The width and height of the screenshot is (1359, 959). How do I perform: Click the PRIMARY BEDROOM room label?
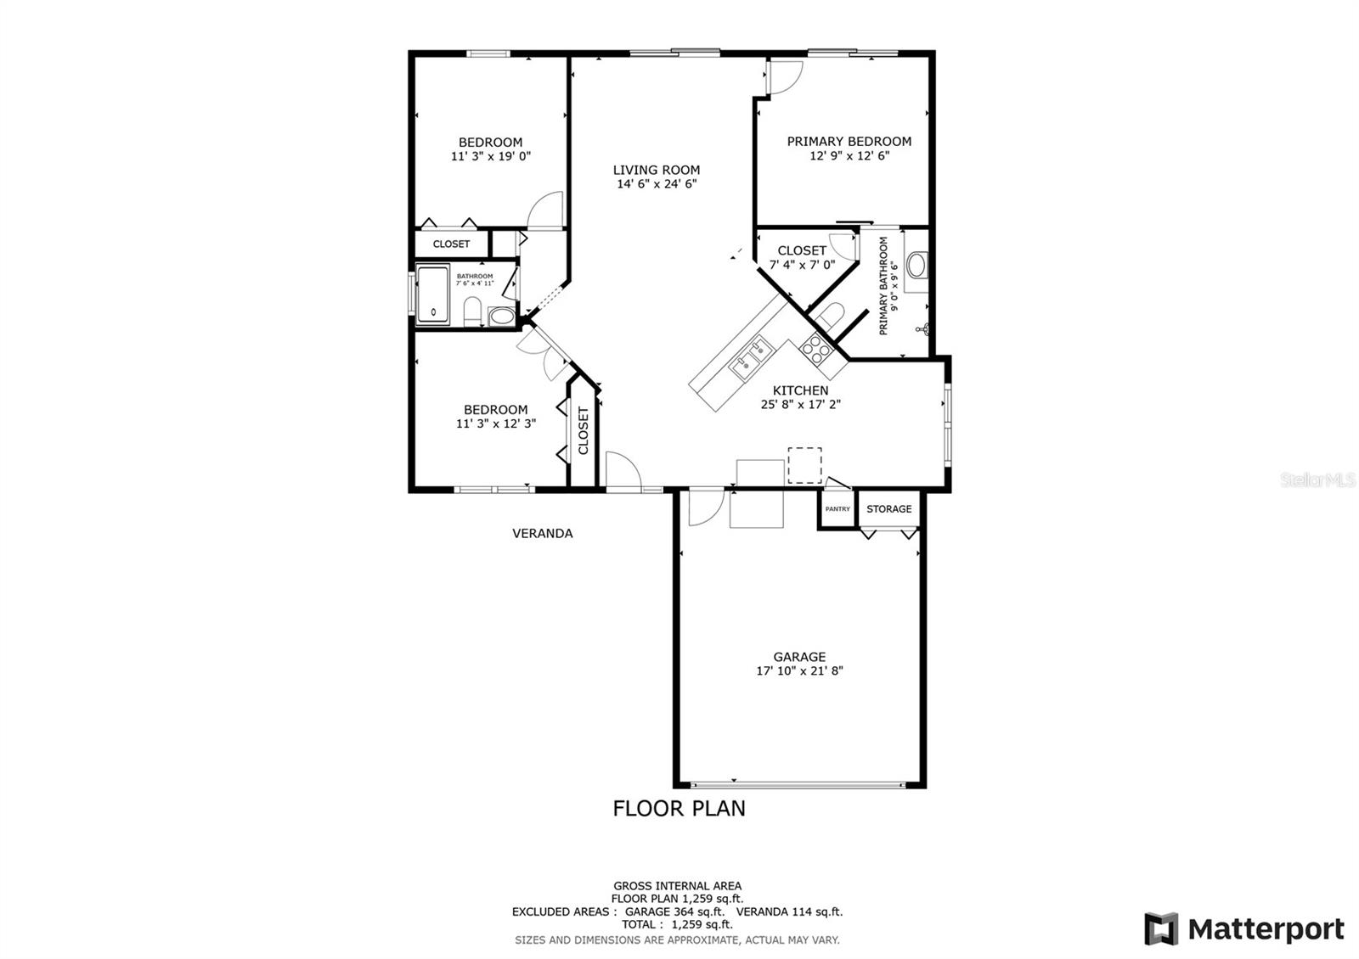pyautogui.click(x=849, y=142)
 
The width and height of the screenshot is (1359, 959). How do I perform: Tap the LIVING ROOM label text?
pyautogui.click(x=657, y=170)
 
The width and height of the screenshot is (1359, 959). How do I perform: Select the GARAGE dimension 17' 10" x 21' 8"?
pyautogui.click(x=799, y=670)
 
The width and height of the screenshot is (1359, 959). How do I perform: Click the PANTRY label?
pyautogui.click(x=837, y=509)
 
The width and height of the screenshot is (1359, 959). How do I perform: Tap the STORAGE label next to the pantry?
pyautogui.click(x=888, y=509)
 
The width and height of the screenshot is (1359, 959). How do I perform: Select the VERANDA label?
pyautogui.click(x=542, y=533)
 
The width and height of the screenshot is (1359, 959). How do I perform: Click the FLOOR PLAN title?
pyautogui.click(x=679, y=808)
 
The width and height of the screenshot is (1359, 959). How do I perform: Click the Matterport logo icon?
pyautogui.click(x=1161, y=928)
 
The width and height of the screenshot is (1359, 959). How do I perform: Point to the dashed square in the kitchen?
pyautogui.click(x=804, y=465)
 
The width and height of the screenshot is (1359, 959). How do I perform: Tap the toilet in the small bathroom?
pyautogui.click(x=473, y=311)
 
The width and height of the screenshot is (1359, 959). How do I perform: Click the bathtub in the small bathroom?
pyautogui.click(x=433, y=294)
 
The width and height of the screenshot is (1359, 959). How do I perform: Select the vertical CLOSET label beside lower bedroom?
pyautogui.click(x=584, y=430)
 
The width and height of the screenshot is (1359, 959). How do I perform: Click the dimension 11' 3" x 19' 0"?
pyautogui.click(x=491, y=156)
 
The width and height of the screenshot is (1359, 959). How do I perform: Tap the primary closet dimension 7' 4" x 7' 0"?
pyautogui.click(x=802, y=265)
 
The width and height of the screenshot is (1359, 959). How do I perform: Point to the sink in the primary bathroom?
pyautogui.click(x=917, y=265)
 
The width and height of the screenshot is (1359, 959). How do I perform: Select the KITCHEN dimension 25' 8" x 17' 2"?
pyautogui.click(x=800, y=405)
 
